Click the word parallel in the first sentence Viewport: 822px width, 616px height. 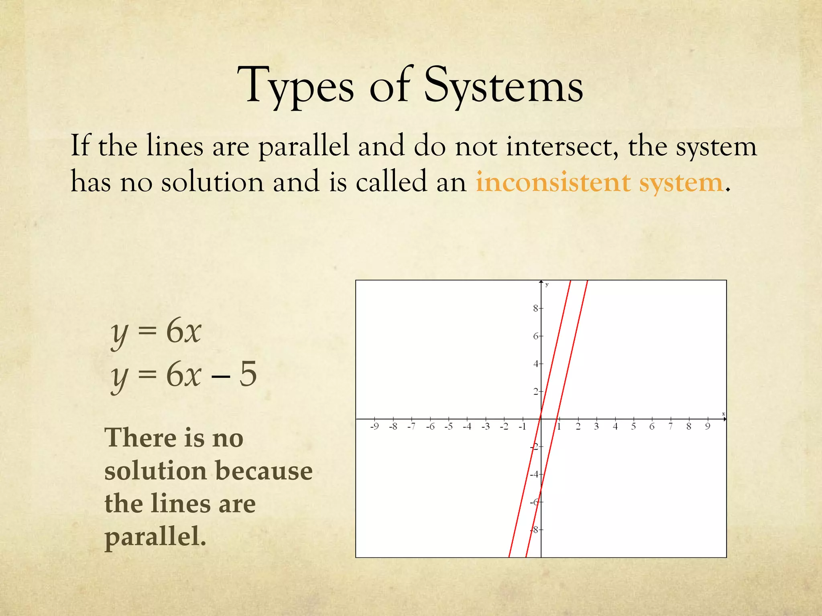[x=303, y=146]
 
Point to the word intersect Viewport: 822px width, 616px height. [x=561, y=146]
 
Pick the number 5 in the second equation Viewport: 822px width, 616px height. [x=248, y=374]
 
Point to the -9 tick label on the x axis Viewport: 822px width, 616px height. [x=374, y=426]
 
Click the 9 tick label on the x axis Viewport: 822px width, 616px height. [x=708, y=426]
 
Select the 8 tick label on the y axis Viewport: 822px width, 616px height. [x=535, y=308]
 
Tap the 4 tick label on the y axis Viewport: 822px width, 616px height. [x=535, y=364]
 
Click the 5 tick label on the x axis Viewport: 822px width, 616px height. [x=633, y=426]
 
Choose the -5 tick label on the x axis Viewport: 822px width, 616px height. [x=448, y=426]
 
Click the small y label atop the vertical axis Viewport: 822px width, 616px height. [x=547, y=285]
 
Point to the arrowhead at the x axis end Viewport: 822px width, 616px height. [x=724, y=419]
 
